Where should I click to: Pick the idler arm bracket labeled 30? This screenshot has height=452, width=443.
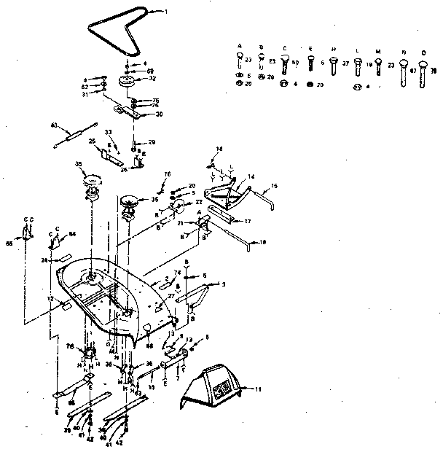point(131,112)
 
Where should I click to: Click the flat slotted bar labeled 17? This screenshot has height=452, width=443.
point(222,214)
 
